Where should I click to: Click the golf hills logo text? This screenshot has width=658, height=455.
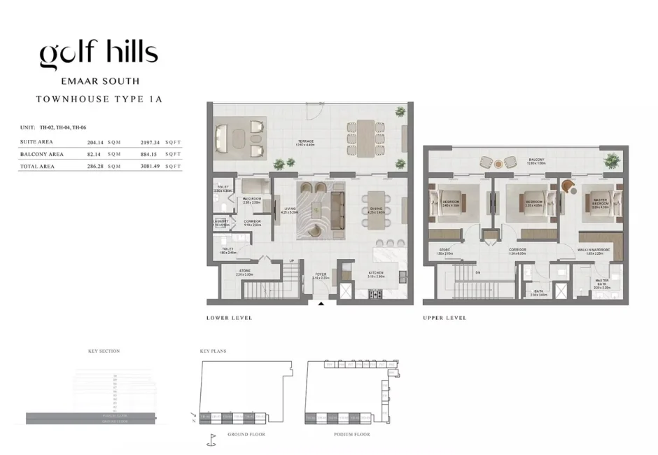click(x=99, y=54)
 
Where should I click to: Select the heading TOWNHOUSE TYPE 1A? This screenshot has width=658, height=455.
click(x=99, y=99)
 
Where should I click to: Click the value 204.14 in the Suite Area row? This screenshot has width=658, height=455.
click(x=94, y=142)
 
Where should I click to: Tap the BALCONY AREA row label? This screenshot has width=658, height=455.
click(x=42, y=154)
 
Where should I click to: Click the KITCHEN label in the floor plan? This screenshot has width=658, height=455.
click(x=376, y=274)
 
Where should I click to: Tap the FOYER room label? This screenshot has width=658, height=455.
click(x=320, y=275)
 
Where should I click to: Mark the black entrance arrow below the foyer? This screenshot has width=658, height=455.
click(x=321, y=304)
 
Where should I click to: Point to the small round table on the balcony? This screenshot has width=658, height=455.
click(x=498, y=164)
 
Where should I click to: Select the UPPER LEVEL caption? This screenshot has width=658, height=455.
click(x=444, y=318)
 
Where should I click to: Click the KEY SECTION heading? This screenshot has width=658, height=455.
click(x=104, y=351)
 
